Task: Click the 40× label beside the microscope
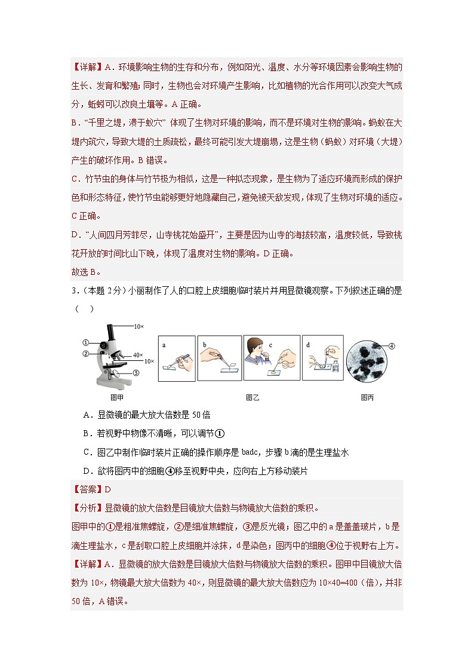coord(138,355)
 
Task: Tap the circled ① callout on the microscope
coord(86,343)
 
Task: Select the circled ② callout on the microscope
coord(86,353)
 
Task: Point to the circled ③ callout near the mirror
coord(136,373)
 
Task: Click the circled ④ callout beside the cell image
coord(392,345)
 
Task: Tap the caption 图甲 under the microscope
coord(109,397)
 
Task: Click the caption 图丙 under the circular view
coord(368,397)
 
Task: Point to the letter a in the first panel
coord(164,345)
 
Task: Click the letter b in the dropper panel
coord(204,345)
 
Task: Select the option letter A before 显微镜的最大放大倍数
coord(87,415)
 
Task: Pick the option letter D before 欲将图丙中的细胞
coord(87,471)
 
